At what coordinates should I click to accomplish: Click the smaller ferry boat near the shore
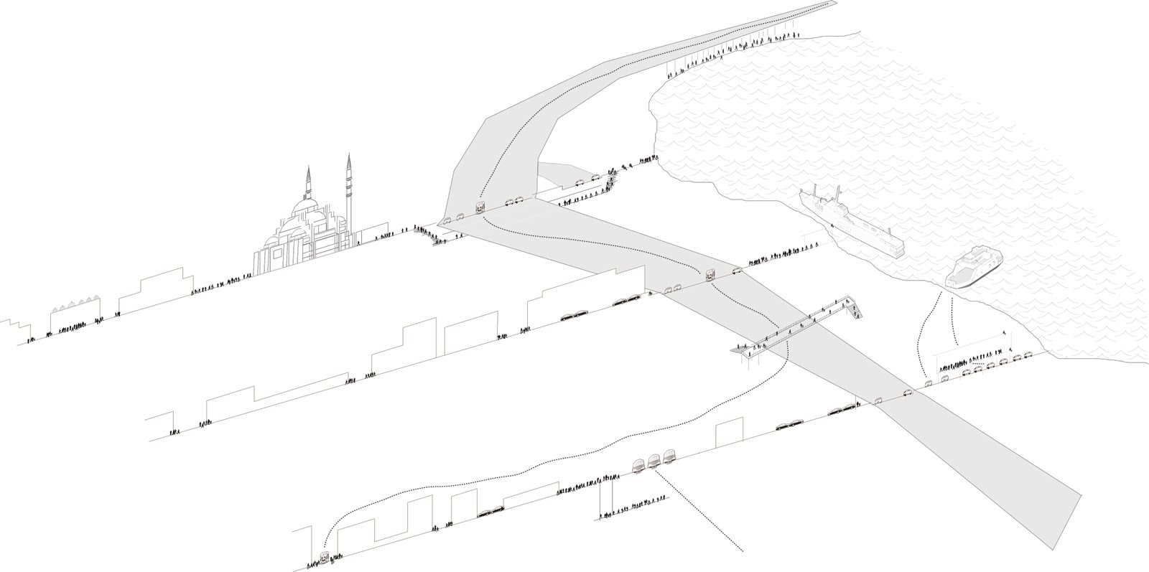973,266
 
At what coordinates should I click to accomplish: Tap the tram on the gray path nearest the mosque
479,209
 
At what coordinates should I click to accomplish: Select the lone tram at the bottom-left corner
325,558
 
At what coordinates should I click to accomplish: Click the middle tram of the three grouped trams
653,461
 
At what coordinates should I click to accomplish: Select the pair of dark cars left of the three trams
491,511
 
